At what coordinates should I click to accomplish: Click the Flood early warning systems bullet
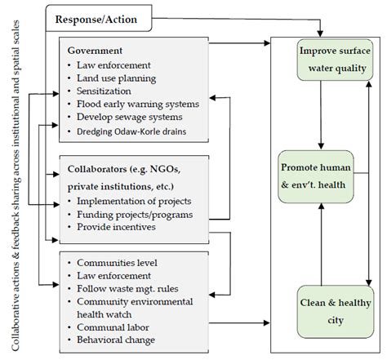(136, 104)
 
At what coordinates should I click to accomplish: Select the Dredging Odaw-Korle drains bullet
(136, 131)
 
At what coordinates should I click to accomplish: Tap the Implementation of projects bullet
(134, 200)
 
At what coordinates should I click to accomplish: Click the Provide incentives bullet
(115, 227)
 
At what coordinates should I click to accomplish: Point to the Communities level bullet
(114, 263)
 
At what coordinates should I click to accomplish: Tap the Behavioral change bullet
(117, 340)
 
